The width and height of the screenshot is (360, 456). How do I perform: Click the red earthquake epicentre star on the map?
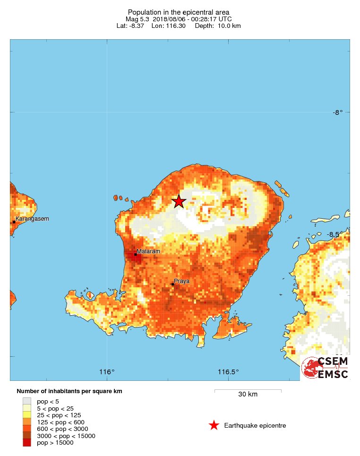(179, 201)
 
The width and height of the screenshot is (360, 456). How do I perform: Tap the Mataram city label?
(148, 251)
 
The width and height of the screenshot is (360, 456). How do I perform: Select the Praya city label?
(181, 281)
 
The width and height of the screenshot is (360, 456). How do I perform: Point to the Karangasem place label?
(32, 219)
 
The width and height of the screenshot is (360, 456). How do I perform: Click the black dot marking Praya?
(173, 284)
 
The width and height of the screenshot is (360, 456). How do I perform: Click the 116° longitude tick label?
(107, 372)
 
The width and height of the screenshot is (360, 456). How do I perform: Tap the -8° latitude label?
(337, 112)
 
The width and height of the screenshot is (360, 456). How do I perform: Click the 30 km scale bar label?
(248, 395)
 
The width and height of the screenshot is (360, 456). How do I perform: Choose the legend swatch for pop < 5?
(27, 401)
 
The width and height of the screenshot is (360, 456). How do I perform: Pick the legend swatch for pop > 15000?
(27, 442)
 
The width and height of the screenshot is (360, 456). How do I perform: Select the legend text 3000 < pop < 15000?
(66, 436)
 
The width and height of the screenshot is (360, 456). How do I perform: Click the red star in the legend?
(214, 425)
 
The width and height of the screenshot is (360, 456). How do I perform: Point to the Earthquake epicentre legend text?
(255, 426)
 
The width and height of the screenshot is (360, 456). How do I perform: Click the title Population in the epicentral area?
(179, 12)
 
